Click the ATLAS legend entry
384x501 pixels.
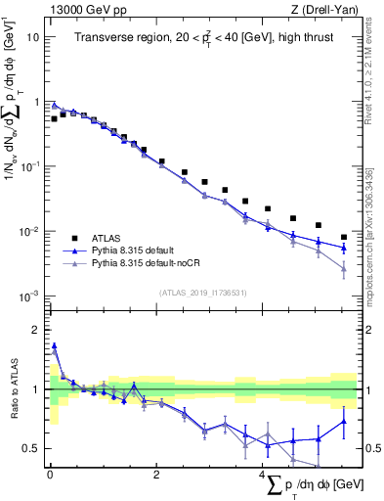tap(110, 237)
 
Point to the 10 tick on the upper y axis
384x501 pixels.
tap(32, 36)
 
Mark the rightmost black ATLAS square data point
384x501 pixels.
tap(344, 237)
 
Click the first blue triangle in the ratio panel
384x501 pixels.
tap(54, 345)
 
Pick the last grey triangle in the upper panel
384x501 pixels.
tap(344, 269)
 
